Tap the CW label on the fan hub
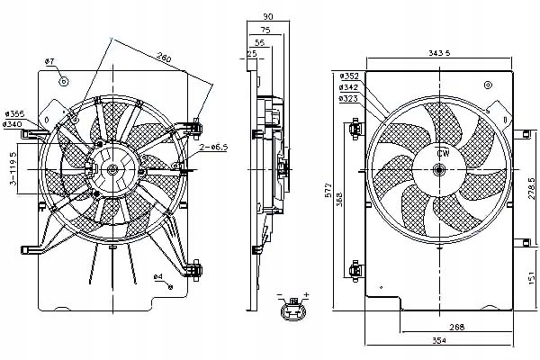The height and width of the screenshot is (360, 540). click(442, 154)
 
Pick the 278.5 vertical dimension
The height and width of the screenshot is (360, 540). click(532, 190)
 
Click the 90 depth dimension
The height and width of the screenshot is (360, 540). click(267, 17)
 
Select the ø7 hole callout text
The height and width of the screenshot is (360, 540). click(50, 61)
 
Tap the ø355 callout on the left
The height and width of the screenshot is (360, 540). click(13, 112)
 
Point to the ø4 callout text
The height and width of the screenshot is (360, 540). click(157, 275)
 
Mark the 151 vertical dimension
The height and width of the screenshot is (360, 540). click(532, 279)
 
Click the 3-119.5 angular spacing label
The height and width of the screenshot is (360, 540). click(11, 169)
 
